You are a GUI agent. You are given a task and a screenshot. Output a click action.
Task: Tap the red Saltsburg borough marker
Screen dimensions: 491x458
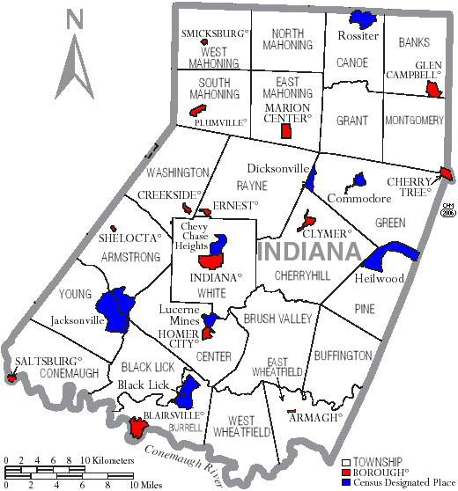coord(11,378)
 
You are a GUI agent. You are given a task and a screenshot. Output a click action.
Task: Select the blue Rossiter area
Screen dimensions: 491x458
coord(359,18)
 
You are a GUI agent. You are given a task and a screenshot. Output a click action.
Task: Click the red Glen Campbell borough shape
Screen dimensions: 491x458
coord(432,90)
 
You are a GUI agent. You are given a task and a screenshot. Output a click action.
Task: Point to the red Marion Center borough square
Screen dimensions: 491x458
coord(285,131)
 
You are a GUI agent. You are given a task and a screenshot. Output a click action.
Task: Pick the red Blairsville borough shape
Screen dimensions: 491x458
coord(138,429)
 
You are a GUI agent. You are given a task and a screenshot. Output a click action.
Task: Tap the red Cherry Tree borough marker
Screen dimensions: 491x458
coord(446,176)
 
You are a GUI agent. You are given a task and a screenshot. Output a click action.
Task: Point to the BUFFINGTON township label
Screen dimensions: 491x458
coord(343,355)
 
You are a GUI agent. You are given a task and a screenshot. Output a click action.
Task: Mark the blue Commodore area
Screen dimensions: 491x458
coord(358,180)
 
